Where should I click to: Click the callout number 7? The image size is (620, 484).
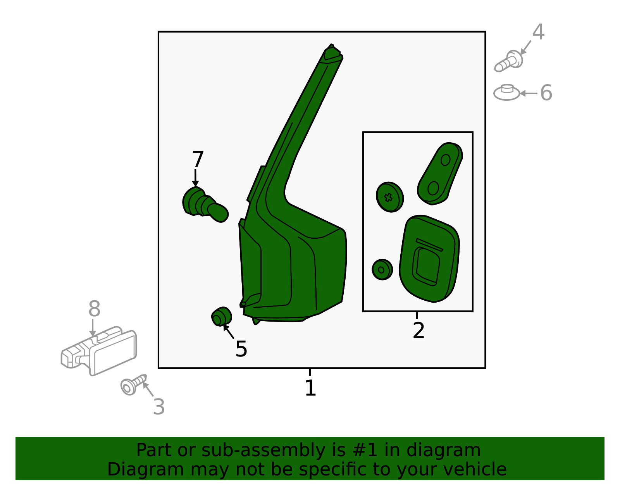[x=198, y=159]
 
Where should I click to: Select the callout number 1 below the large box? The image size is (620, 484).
[x=310, y=388]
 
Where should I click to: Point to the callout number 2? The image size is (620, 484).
[x=418, y=330]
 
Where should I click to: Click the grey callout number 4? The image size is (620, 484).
[x=538, y=32]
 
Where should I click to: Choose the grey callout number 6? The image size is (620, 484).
[x=546, y=93]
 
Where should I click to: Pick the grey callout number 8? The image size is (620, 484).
[x=95, y=308]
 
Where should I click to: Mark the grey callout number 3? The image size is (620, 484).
[x=159, y=407]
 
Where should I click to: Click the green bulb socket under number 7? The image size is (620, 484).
[x=205, y=205]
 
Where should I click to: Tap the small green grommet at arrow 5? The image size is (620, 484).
[x=221, y=316]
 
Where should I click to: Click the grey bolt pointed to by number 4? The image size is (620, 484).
[x=508, y=61]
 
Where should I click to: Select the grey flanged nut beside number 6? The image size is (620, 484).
[x=506, y=92]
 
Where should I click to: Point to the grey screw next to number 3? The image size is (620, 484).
[x=133, y=385]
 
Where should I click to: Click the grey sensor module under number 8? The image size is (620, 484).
[x=99, y=351]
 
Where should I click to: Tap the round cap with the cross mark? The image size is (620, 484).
[x=389, y=197]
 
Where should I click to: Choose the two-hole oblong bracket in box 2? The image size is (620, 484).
[x=440, y=174]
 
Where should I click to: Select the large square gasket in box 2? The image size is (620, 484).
[x=429, y=259]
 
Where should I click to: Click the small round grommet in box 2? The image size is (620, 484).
[x=382, y=270]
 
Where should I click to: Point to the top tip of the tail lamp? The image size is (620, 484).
[x=331, y=44]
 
